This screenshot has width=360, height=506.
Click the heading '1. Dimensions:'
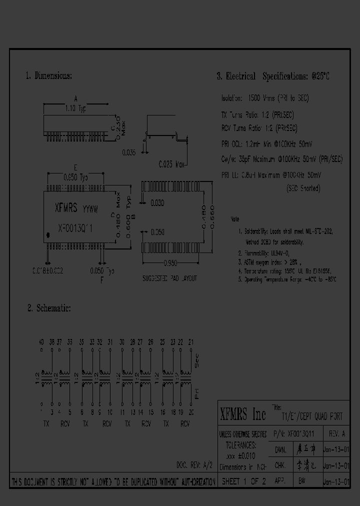(x=48, y=76)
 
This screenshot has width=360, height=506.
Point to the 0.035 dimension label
(x=128, y=153)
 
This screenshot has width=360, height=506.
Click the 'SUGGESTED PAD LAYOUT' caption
(x=170, y=278)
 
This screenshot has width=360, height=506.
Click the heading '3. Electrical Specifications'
(x=273, y=76)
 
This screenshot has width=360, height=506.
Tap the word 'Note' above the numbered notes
(x=235, y=219)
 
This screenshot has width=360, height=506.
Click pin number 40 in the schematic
(x=41, y=342)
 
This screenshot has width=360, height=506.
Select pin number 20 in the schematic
(x=190, y=412)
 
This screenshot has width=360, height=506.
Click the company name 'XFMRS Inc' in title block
(x=243, y=414)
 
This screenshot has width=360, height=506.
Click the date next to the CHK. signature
(x=336, y=465)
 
